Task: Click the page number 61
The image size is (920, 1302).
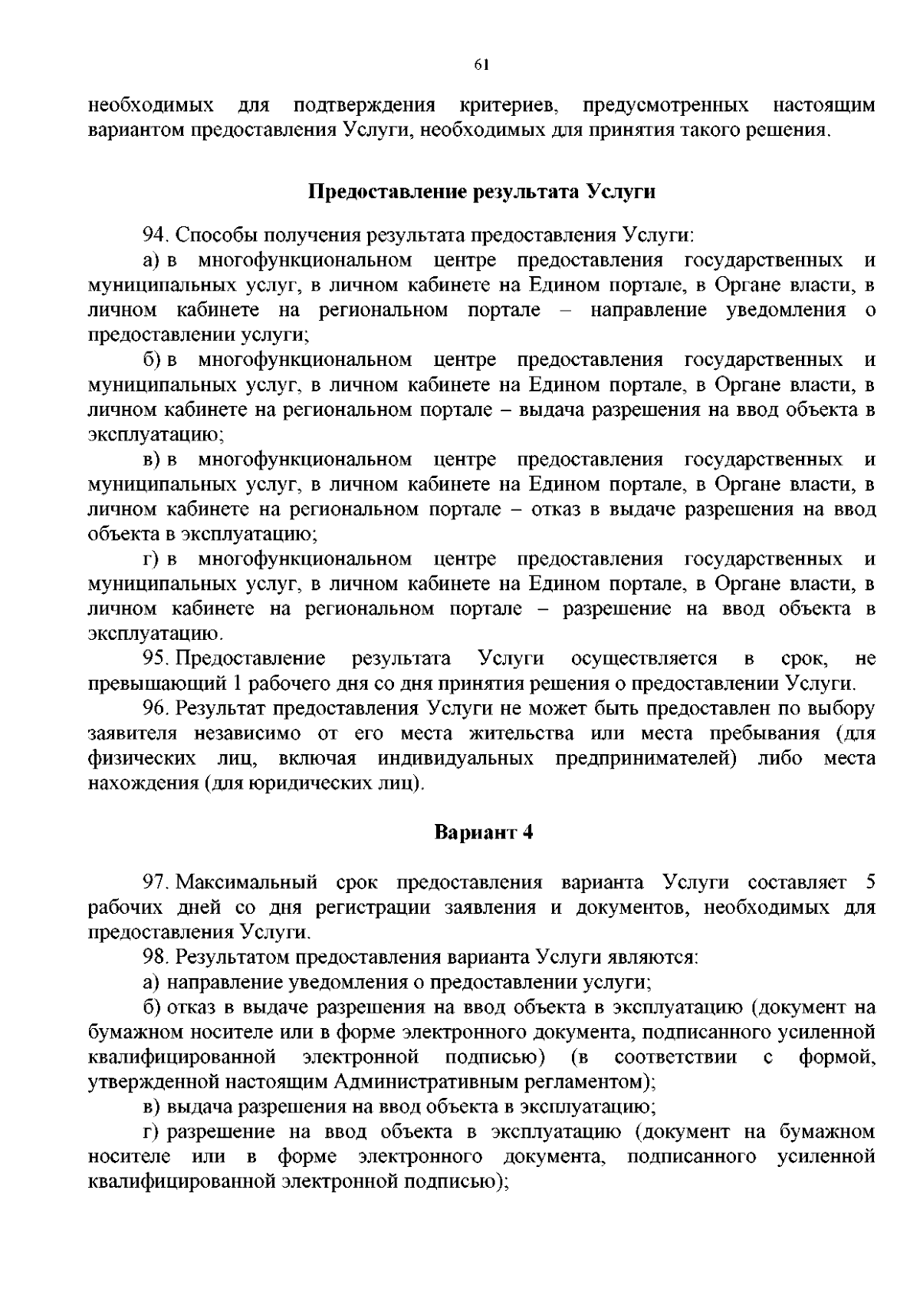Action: coord(481,65)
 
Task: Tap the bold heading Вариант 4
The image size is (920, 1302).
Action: coord(483,832)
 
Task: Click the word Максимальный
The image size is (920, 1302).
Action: coord(246,882)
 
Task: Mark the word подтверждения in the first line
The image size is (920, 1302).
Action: coord(365,105)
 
